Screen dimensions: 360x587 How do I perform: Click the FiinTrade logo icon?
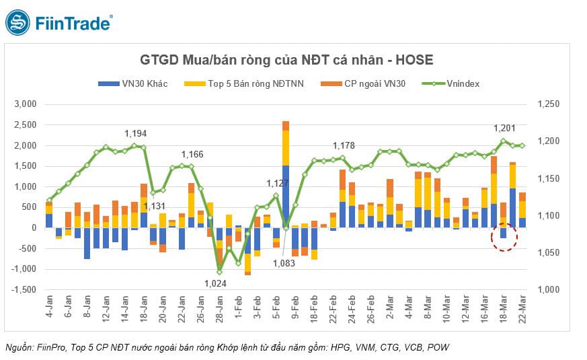[x=18, y=22]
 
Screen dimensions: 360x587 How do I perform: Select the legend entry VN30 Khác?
[x=132, y=83]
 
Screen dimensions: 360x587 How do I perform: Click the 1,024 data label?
[x=214, y=284]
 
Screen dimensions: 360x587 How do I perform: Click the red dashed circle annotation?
[x=504, y=236]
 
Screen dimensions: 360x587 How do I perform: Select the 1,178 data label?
[x=344, y=146]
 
